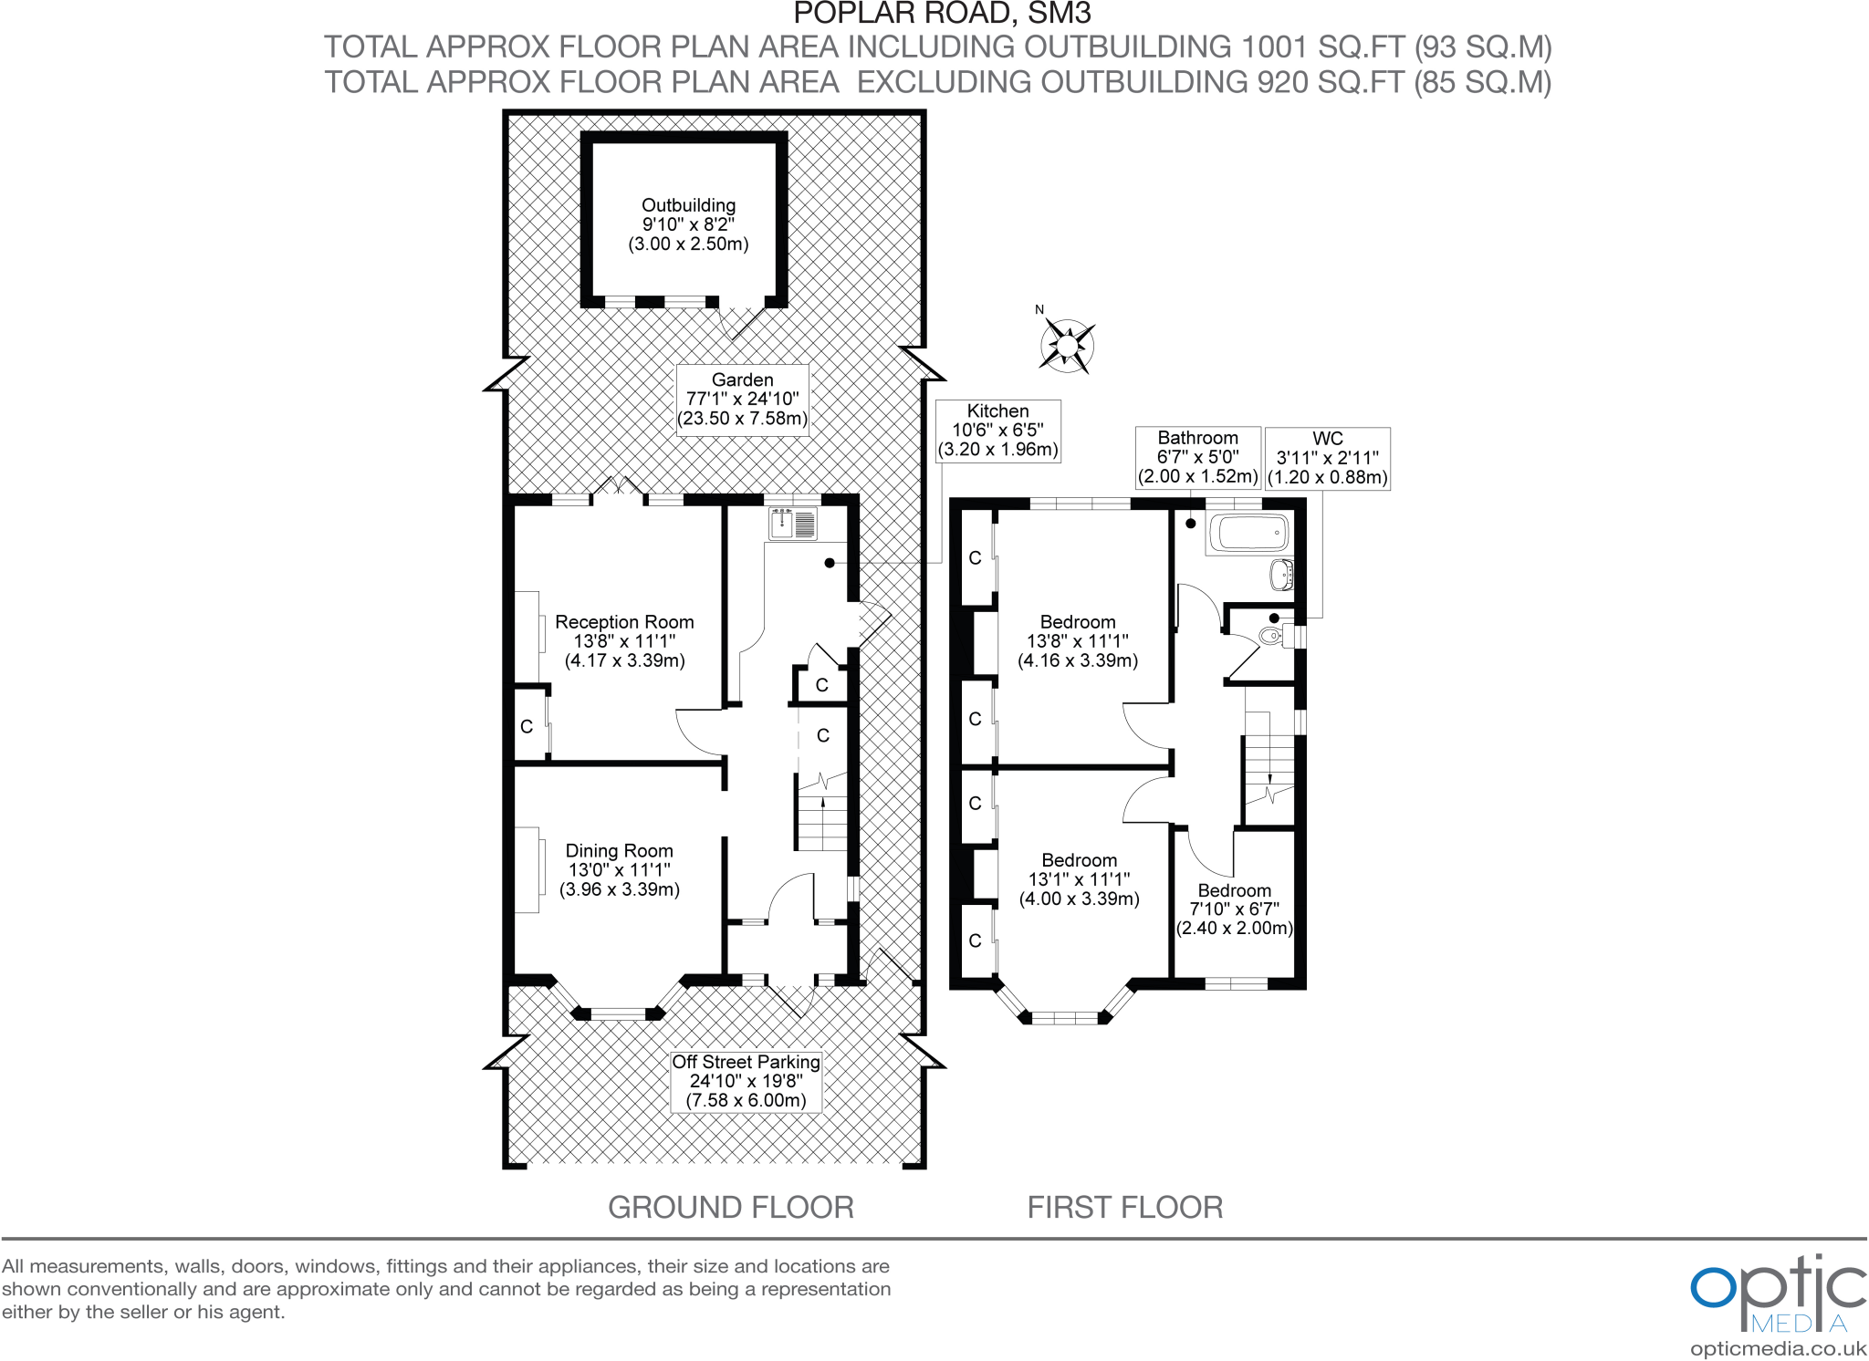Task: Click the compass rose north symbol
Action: tap(1067, 346)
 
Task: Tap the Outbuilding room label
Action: tap(688, 224)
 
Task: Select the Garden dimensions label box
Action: tap(742, 400)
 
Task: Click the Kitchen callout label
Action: tap(997, 431)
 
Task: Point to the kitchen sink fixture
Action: tap(792, 525)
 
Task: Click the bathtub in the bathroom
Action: tap(1248, 532)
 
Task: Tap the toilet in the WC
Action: tap(1270, 635)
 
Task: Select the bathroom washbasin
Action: tap(1281, 575)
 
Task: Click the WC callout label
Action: tap(1327, 458)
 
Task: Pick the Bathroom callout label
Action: tap(1197, 457)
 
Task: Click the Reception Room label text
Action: tap(624, 641)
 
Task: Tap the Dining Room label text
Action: tap(619, 870)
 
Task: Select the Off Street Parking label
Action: tap(746, 1081)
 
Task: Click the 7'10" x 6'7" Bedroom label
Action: tap(1234, 909)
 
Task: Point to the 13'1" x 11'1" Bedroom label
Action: tap(1079, 879)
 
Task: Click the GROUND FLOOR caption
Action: tap(730, 1208)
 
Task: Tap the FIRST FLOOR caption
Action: tap(1124, 1208)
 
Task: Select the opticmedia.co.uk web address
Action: tap(1778, 1349)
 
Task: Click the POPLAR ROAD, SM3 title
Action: tap(942, 14)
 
